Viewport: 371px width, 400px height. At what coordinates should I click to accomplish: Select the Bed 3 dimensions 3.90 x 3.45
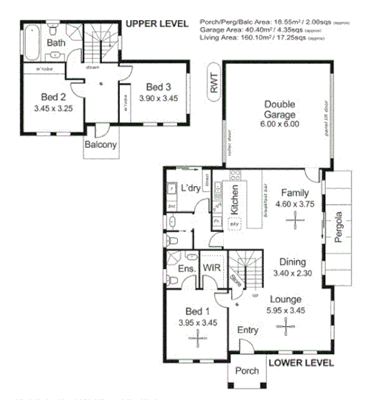[x=158, y=98]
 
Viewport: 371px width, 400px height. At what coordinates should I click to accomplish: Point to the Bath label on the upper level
[x=56, y=43]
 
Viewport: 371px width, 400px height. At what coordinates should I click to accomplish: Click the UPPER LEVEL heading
[x=156, y=24]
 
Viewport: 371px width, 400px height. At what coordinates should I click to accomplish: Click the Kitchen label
[x=235, y=199]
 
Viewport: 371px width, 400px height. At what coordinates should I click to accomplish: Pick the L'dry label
[x=191, y=188]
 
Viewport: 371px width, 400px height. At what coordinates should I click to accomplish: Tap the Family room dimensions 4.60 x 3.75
[x=294, y=203]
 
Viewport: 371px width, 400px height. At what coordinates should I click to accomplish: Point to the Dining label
[x=294, y=262]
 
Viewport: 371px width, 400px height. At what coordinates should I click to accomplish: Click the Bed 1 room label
[x=197, y=311]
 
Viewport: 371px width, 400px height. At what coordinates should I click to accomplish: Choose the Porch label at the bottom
[x=245, y=372]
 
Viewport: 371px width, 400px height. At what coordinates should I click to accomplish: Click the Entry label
[x=248, y=330]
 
